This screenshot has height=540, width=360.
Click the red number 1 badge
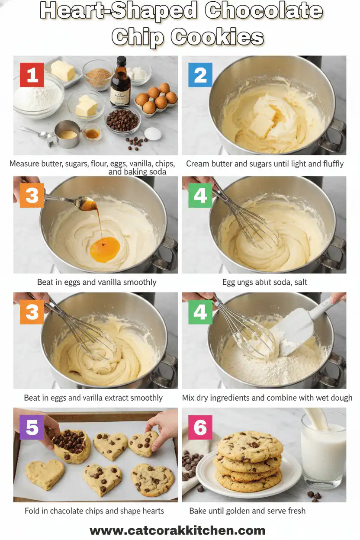32,75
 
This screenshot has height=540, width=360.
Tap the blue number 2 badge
200,75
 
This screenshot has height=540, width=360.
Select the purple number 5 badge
32,427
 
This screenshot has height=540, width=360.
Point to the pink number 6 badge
200,427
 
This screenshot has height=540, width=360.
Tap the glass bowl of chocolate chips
122,120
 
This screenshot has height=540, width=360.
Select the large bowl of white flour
38,96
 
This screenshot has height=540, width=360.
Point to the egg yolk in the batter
105,250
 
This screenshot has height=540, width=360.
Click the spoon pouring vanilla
78,202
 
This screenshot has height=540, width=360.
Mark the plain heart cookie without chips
45,474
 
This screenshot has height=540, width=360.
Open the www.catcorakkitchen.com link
177,530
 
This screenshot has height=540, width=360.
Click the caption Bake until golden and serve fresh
247,511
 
